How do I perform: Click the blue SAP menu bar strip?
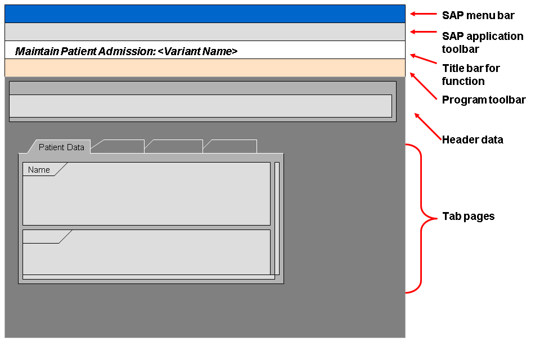pyautogui.click(x=205, y=13)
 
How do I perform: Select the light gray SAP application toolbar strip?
pyautogui.click(x=205, y=31)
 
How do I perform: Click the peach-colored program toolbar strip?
pyautogui.click(x=205, y=67)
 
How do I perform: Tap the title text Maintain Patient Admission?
pyautogui.click(x=126, y=51)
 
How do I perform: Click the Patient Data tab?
pyautogui.click(x=61, y=147)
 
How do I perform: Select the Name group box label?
pyautogui.click(x=39, y=170)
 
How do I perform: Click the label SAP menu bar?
pyautogui.click(x=478, y=15)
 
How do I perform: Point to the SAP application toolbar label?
pyautogui.click(x=482, y=42)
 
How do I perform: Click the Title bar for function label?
pyautogui.click(x=471, y=74)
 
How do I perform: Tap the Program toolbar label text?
pyautogui.click(x=484, y=100)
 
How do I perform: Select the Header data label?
pyautogui.click(x=472, y=139)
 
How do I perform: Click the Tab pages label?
pyautogui.click(x=469, y=216)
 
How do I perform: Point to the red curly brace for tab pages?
pyautogui.click(x=421, y=218)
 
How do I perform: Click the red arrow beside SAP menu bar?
pyautogui.click(x=422, y=14)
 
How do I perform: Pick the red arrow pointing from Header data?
pyautogui.click(x=427, y=127)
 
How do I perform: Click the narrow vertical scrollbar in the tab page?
pyautogui.click(x=277, y=218)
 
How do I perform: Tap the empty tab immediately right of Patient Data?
pyautogui.click(x=118, y=147)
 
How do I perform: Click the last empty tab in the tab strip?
pyautogui.click(x=231, y=147)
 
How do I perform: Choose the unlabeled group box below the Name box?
pyautogui.click(x=146, y=253)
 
